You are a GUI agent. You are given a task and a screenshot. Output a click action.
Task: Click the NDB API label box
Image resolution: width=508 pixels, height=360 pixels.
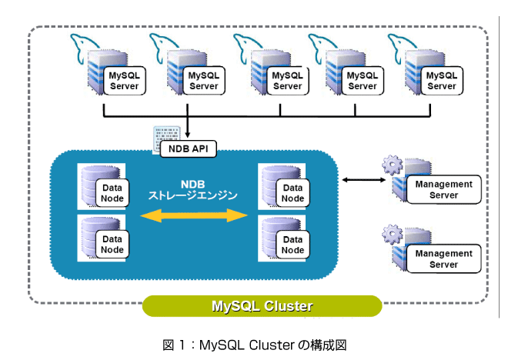click(x=189, y=149)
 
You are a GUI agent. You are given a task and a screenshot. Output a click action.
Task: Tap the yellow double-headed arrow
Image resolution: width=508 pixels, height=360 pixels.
click(x=194, y=215)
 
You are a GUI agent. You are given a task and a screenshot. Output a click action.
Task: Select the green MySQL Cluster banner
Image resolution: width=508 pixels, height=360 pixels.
click(x=262, y=306)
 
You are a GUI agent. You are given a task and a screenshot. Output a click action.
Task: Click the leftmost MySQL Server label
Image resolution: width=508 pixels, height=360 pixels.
click(x=125, y=81)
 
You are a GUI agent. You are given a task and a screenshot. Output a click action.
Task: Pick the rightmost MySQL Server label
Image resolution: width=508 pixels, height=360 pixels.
click(x=442, y=81)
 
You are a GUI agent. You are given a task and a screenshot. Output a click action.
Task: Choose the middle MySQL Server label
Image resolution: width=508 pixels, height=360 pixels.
click(x=287, y=81)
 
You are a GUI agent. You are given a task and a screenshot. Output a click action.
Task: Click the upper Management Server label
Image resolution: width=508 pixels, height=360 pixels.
click(x=443, y=190)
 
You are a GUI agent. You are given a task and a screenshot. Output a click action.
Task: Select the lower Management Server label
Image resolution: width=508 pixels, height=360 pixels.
click(x=443, y=258)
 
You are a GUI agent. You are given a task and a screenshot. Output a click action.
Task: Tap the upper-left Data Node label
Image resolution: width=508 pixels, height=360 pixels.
click(x=112, y=193)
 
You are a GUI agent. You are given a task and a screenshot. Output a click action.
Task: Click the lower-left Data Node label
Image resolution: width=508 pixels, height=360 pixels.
click(x=112, y=245)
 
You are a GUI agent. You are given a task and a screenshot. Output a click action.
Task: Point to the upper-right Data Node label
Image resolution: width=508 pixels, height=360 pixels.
click(x=293, y=193)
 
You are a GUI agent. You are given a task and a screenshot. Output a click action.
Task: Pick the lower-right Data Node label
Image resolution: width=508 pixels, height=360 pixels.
click(x=293, y=245)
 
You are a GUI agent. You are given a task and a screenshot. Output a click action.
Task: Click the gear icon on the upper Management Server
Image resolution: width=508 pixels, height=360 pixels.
click(x=393, y=165)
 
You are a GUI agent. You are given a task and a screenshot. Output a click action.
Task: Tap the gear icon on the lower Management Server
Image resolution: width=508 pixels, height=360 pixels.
click(x=393, y=234)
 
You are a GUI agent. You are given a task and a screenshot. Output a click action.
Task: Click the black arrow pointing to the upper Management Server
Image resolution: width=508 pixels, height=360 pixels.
click(x=364, y=180)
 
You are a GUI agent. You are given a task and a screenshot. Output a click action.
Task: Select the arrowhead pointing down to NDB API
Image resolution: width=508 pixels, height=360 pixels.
click(x=187, y=135)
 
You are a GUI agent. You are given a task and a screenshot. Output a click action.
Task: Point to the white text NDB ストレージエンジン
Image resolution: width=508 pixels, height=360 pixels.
click(x=192, y=190)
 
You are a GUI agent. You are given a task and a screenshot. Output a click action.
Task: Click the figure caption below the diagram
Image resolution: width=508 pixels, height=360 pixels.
click(x=255, y=345)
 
